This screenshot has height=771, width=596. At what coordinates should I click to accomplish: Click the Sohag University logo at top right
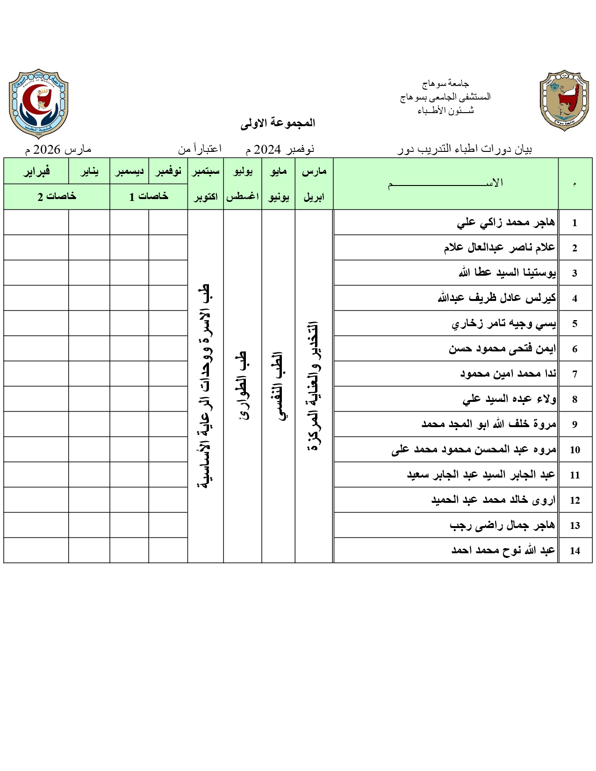click(x=564, y=101)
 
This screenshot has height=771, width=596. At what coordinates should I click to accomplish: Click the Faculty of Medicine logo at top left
click(x=39, y=103)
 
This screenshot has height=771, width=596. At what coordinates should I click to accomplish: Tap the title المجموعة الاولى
click(x=278, y=123)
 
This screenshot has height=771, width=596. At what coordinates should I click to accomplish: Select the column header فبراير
click(x=36, y=171)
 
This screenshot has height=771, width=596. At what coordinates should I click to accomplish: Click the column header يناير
click(x=89, y=171)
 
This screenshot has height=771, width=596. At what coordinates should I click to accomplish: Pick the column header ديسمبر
click(x=129, y=171)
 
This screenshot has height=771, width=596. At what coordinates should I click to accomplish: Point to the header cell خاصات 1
click(x=149, y=197)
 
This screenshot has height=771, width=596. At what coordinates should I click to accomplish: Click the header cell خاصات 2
click(x=57, y=197)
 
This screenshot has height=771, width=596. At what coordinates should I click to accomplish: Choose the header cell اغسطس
click(x=243, y=197)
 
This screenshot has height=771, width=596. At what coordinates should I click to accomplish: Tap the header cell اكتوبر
click(x=206, y=197)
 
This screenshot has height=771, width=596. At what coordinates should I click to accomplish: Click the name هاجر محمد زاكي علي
click(x=506, y=222)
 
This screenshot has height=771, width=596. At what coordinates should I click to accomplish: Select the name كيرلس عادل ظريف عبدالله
click(x=497, y=298)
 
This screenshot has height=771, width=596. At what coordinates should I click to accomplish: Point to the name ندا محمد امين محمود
click(x=508, y=374)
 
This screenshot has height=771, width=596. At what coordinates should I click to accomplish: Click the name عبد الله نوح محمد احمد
click(x=503, y=550)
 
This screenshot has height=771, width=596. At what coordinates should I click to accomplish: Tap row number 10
click(x=575, y=450)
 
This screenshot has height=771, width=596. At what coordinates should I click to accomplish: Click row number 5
click(x=575, y=323)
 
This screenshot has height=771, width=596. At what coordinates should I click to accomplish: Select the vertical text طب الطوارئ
click(x=243, y=386)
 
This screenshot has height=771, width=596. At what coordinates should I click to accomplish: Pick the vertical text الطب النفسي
click(x=279, y=386)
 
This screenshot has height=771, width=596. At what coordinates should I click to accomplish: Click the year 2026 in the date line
click(x=47, y=150)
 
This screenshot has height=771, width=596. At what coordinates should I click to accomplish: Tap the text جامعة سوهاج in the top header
click(x=445, y=84)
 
